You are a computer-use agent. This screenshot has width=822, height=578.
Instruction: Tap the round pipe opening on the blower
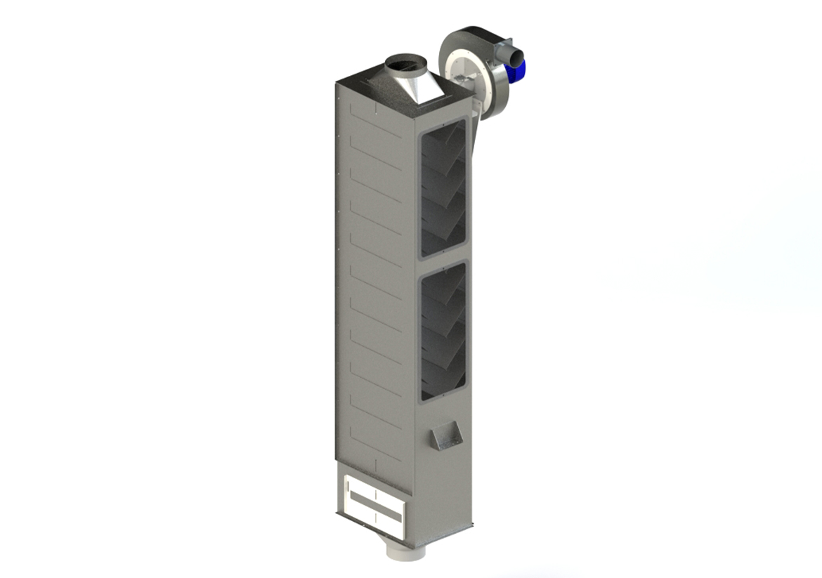tap(515, 53)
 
